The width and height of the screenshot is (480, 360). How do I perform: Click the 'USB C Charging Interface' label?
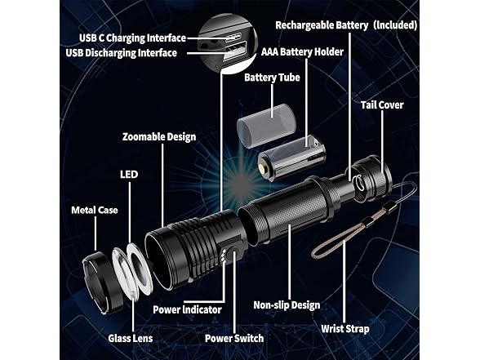(x=132, y=38)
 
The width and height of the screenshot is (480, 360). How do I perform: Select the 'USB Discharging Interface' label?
(x=121, y=53)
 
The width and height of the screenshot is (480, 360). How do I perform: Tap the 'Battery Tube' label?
(x=272, y=78)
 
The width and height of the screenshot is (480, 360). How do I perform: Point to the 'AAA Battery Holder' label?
(x=302, y=51)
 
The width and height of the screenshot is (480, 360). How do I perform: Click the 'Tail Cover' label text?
(x=382, y=105)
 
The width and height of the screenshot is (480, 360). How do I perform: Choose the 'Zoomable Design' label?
(x=159, y=137)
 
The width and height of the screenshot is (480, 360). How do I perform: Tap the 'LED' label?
(x=129, y=175)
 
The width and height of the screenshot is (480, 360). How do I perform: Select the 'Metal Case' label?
(x=95, y=210)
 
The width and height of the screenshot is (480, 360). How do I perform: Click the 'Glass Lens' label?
(x=131, y=338)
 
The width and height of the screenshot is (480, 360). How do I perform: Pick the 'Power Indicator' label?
(x=187, y=309)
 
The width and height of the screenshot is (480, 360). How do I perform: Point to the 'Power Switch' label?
(x=234, y=338)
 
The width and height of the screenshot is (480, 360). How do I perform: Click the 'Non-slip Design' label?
(x=287, y=305)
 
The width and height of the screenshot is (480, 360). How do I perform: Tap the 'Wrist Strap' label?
(x=345, y=329)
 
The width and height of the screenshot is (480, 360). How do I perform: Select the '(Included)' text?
(x=395, y=25)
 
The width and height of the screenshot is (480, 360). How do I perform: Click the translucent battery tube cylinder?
(x=267, y=126)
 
